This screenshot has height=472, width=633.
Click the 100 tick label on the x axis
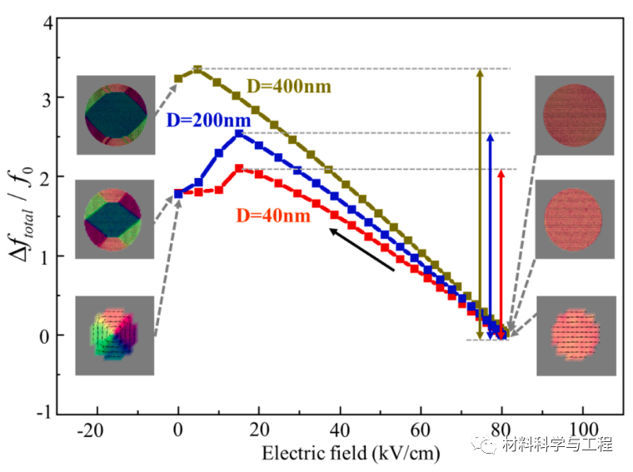(582, 435)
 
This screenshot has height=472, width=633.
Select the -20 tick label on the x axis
(97, 435)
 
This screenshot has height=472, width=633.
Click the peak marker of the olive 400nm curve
(197, 69)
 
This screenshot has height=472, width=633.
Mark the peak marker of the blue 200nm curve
(239, 133)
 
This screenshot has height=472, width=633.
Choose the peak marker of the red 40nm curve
(239, 168)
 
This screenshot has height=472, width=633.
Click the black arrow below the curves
(361, 249)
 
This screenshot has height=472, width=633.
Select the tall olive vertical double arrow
(479, 205)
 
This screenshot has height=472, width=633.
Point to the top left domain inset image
(116, 115)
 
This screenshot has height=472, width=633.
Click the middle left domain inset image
(116, 220)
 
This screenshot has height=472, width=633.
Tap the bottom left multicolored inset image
(115, 335)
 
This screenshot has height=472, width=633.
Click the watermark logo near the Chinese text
(485, 445)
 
